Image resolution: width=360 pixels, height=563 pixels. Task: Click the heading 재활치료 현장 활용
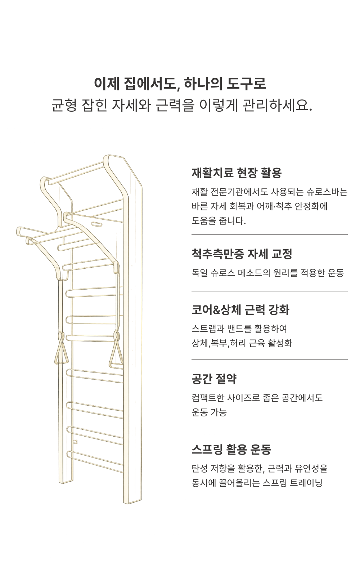[x=236, y=173]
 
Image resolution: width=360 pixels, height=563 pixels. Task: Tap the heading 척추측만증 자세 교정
[x=242, y=254]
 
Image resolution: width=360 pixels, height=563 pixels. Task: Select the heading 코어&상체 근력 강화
[x=240, y=310]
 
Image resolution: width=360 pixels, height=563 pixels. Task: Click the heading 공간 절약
[x=214, y=379]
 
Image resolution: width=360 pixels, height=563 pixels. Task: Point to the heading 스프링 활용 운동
[x=231, y=450]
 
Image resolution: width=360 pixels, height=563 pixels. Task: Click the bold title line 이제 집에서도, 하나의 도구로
[x=180, y=84]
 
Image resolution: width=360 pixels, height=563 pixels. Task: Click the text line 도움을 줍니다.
[x=219, y=221]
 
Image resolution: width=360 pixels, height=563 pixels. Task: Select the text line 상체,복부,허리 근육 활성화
[x=242, y=343]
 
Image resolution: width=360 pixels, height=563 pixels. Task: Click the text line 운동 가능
[x=209, y=412]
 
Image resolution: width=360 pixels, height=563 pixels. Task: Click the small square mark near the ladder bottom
[x=75, y=441]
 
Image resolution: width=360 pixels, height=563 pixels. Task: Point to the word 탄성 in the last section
[x=199, y=469]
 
